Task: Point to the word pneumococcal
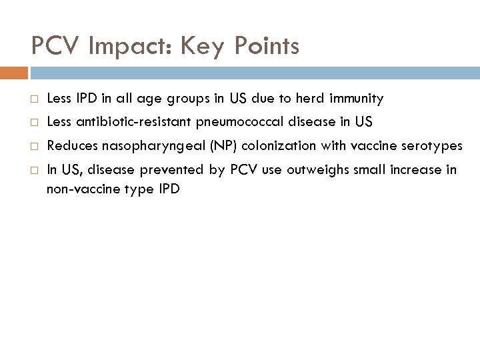pos(246,123)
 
